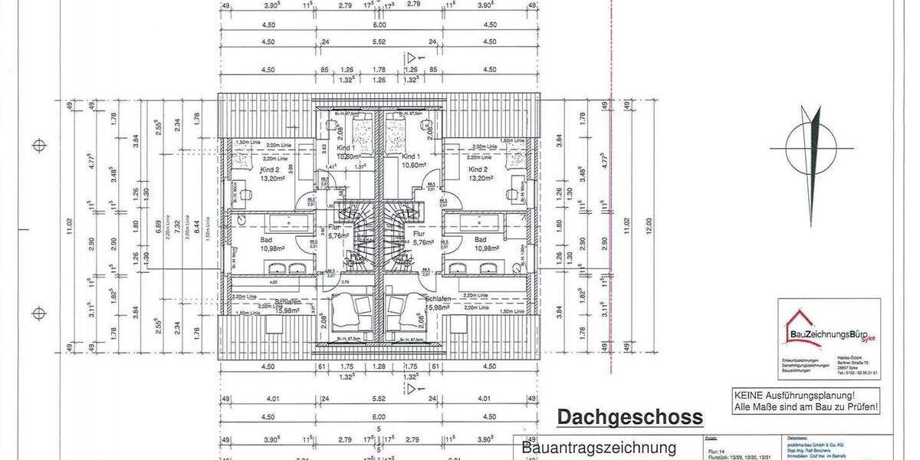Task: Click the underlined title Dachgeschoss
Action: pos(629,418)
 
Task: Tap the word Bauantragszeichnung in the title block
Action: pos(599,448)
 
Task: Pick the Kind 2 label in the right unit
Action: pos(478,169)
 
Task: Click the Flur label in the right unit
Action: pos(419,235)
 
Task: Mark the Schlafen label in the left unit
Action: pos(284,301)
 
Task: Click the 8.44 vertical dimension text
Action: pos(196,225)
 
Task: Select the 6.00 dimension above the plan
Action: pos(379,24)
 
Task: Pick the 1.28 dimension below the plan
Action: pos(379,367)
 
